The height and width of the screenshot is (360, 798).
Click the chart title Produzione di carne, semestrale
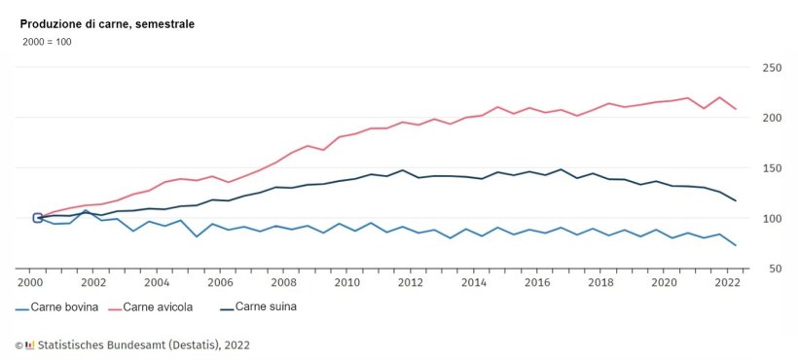point(107,24)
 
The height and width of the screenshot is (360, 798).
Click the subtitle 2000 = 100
point(47,42)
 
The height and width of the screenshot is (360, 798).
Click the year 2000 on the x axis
point(30,282)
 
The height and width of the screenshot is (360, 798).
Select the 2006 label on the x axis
point(220,282)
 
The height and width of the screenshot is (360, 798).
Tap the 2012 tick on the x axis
point(410,282)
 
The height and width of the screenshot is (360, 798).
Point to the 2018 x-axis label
point(600,282)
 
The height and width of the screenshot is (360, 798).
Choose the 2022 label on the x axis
point(727,282)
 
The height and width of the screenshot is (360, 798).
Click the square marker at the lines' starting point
point(37,218)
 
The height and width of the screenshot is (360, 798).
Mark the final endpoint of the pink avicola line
point(736,109)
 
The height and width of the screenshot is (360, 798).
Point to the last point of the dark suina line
point(736,200)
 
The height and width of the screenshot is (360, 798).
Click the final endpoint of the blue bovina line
point(736,245)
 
